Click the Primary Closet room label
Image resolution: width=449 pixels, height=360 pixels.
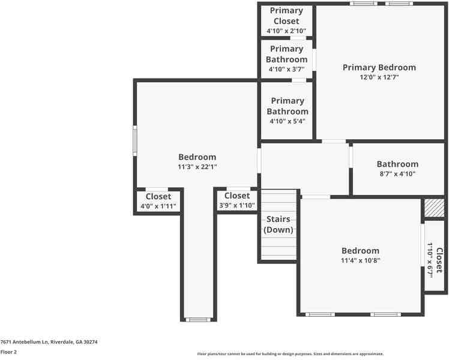point(286,16)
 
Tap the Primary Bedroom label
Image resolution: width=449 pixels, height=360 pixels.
point(379,67)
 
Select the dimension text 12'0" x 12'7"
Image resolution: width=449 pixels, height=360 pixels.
point(379,77)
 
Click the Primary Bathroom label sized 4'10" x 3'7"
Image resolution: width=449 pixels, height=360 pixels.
point(286,54)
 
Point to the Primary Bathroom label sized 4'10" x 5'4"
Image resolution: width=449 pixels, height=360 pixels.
point(287,106)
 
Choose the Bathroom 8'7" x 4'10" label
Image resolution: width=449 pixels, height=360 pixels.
point(397,164)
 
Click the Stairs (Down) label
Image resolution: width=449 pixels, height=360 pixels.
point(279,224)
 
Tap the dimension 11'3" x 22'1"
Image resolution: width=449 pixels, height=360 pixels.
point(197,167)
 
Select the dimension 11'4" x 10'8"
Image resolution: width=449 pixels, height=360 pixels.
point(360,260)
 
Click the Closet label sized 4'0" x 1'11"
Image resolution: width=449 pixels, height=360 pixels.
point(158,196)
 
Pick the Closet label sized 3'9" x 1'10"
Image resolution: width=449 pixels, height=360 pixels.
point(237,196)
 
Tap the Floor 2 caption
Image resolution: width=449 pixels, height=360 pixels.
point(9,352)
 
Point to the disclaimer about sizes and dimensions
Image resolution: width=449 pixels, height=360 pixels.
point(290,354)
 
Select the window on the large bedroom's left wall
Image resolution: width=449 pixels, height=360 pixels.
point(135,141)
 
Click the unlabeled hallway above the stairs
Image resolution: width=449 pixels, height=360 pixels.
point(304,168)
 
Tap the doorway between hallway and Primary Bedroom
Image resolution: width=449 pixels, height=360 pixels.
point(334,142)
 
